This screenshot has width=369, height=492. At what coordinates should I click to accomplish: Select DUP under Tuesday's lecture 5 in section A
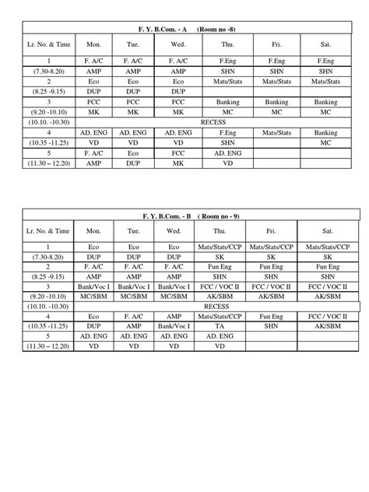[134, 163]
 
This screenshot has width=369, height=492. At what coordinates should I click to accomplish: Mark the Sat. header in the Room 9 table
[325, 231]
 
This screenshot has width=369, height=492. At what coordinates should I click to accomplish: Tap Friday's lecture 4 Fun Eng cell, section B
[272, 317]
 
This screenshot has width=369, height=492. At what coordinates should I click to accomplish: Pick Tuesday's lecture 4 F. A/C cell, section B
[134, 317]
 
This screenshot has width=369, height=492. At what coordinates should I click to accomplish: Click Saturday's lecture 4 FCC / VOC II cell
[325, 317]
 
